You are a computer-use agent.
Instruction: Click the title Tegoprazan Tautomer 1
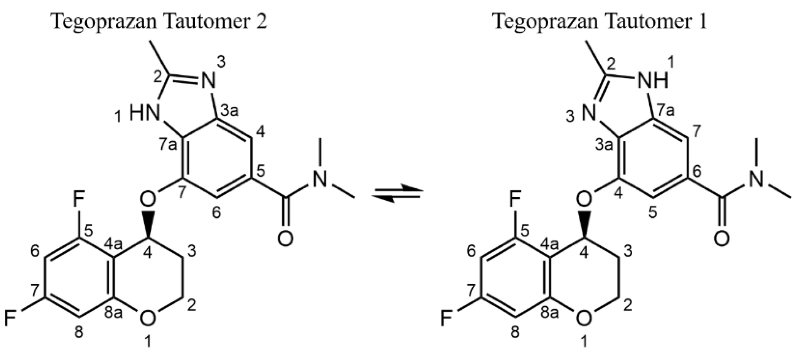click(x=599, y=22)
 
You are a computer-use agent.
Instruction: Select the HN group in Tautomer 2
click(x=143, y=114)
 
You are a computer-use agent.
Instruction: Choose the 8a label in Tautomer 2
click(x=113, y=313)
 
